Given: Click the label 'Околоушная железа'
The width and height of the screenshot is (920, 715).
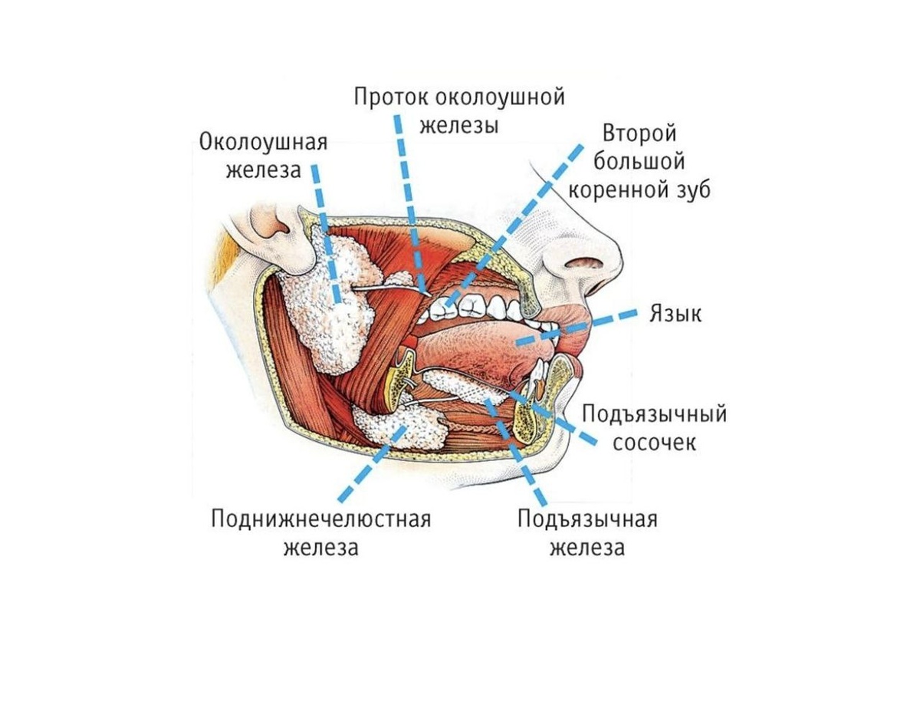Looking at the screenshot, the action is tap(263, 156).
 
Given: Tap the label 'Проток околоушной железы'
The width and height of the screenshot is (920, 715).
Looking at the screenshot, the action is tap(459, 110).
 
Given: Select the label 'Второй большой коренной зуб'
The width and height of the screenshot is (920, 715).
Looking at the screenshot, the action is tap(639, 162).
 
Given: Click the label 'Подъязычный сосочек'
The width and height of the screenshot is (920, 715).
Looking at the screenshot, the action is tap(654, 428).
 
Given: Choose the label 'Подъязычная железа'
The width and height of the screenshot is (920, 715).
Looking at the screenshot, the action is tap(587, 533).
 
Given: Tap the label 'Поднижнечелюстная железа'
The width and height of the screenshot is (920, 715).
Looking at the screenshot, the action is tap(321, 533).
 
